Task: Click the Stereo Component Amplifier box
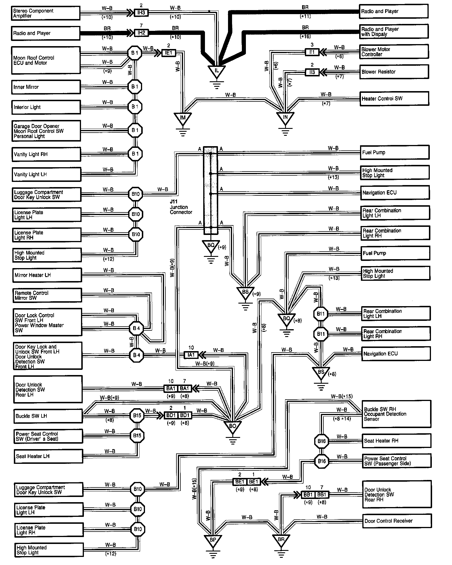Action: click(46, 13)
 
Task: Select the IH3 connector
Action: click(141, 12)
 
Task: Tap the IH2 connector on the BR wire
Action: click(141, 33)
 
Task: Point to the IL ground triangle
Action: click(217, 71)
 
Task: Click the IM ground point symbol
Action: click(182, 118)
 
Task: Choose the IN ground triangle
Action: click(285, 118)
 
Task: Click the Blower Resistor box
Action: click(394, 72)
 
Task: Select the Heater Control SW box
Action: click(394, 99)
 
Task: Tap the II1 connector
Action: click(312, 52)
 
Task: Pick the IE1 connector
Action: click(168, 53)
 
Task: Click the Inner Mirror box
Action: click(46, 87)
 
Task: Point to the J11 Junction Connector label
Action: click(180, 207)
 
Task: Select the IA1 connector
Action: click(191, 355)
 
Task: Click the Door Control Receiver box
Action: click(397, 521)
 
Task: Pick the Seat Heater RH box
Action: click(396, 441)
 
